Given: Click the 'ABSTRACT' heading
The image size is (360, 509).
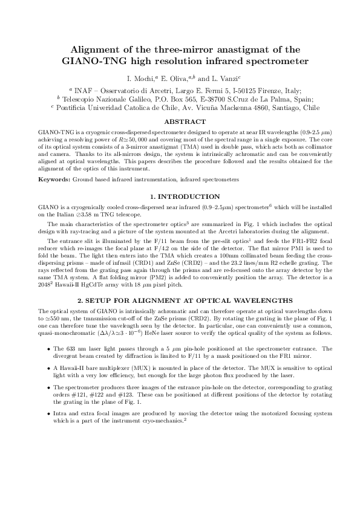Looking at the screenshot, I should tap(180, 121).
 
